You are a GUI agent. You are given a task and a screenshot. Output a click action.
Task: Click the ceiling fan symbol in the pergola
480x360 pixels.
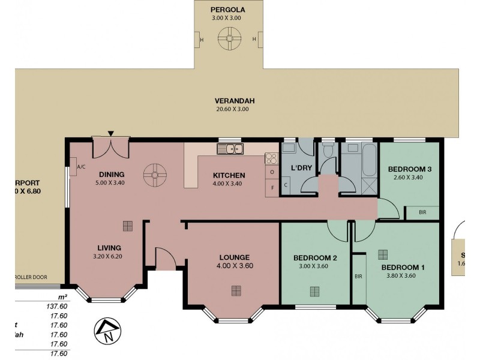click(x=228, y=40)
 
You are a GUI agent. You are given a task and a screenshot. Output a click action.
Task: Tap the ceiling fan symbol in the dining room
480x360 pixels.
click(x=154, y=175)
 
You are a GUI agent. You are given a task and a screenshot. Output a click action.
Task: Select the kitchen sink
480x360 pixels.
click(x=230, y=149)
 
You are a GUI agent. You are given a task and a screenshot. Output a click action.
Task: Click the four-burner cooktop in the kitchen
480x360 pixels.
click(x=271, y=159)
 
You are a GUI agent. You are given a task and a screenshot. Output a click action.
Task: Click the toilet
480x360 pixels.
click(x=328, y=154)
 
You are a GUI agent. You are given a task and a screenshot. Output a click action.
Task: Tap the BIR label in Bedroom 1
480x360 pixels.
click(x=358, y=277)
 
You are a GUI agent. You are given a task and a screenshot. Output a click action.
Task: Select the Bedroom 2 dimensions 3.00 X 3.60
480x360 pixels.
click(x=315, y=267)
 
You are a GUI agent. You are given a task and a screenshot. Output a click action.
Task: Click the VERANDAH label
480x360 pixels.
click(x=231, y=101)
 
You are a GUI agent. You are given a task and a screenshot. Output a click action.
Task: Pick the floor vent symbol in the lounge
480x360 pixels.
click(x=236, y=291)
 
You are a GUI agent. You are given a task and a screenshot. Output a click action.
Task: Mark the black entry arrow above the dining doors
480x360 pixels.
click(x=111, y=133)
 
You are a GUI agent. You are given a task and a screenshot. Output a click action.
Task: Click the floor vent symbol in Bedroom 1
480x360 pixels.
click(x=382, y=253)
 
